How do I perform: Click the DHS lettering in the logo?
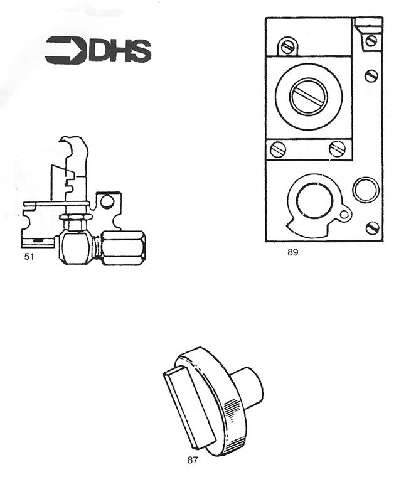[120, 51]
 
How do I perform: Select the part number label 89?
[292, 252]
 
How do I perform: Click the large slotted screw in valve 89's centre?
[309, 97]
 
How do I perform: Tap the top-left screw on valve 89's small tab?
[288, 46]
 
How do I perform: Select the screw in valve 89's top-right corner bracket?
[371, 41]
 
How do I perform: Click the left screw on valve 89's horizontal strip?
[278, 149]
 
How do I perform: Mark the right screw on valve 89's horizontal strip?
[337, 149]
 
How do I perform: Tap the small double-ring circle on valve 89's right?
[366, 190]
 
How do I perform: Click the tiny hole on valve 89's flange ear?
[343, 216]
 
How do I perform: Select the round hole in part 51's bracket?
[107, 202]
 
